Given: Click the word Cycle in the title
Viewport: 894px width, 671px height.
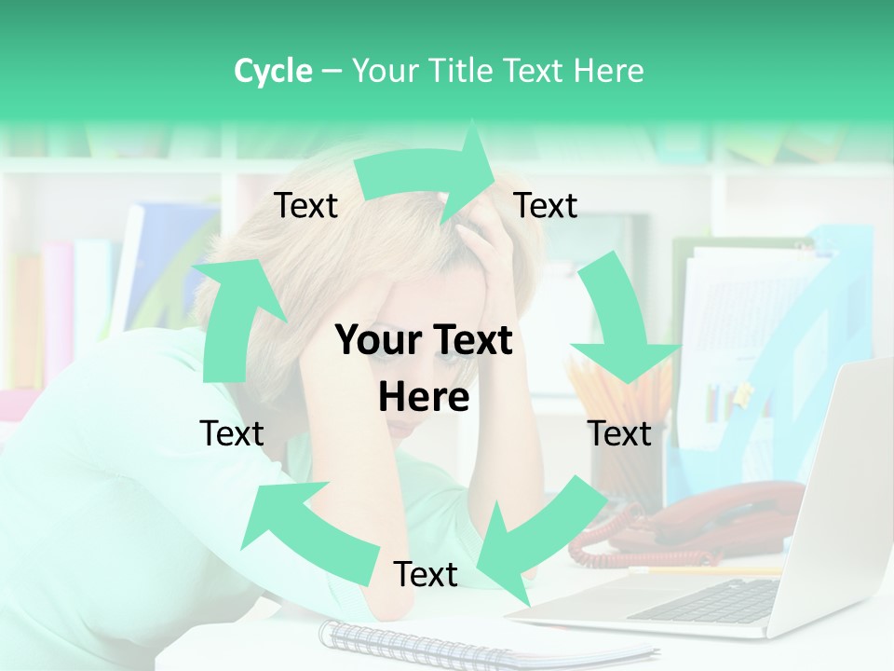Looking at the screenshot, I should click(273, 71).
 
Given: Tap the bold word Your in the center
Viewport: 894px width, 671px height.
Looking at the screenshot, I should click(376, 341).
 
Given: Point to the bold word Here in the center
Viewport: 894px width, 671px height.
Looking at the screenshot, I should click(424, 398).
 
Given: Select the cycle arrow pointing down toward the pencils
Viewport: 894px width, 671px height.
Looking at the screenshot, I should click(619, 326).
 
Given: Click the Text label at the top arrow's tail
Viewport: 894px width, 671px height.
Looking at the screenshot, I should click(305, 206).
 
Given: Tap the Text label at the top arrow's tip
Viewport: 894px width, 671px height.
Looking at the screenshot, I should click(546, 206).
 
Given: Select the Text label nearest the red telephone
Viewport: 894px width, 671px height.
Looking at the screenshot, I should click(619, 433).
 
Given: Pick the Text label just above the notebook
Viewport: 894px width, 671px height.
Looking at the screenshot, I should click(426, 574).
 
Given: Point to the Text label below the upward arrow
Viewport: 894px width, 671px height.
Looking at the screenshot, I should click(232, 433).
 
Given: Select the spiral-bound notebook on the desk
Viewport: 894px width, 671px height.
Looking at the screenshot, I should click(466, 643).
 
